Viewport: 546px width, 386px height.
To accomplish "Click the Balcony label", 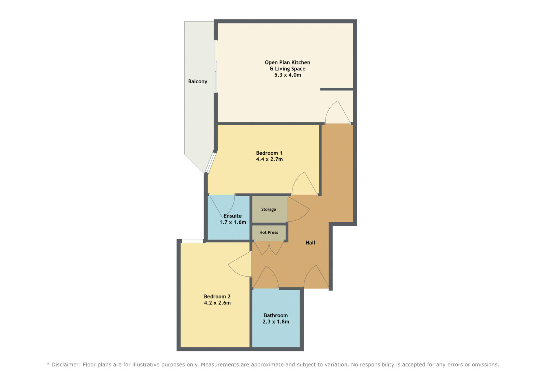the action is click(198, 82).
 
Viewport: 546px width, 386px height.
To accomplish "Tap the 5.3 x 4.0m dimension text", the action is click(288, 75).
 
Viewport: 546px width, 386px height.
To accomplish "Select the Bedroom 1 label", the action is click(269, 153).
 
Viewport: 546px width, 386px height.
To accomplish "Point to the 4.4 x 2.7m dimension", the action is click(269, 159).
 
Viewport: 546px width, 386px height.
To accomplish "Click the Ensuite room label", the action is click(232, 216).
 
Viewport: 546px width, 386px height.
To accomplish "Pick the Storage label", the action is click(269, 210).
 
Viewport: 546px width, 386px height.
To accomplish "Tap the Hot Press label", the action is click(269, 232).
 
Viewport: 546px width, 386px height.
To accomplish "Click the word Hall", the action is click(310, 243).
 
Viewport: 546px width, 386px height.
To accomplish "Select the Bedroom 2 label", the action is click(217, 297).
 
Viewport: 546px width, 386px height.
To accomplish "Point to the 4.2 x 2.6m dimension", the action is click(217, 303).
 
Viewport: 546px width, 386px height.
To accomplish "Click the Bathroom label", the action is click(276, 315).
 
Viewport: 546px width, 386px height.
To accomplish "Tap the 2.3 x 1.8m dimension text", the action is click(276, 321).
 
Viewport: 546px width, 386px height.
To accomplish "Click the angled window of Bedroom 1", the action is click(211, 162).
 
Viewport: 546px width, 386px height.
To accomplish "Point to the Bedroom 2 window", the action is click(192, 241).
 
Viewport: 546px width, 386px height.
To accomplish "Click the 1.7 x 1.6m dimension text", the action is click(233, 222).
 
